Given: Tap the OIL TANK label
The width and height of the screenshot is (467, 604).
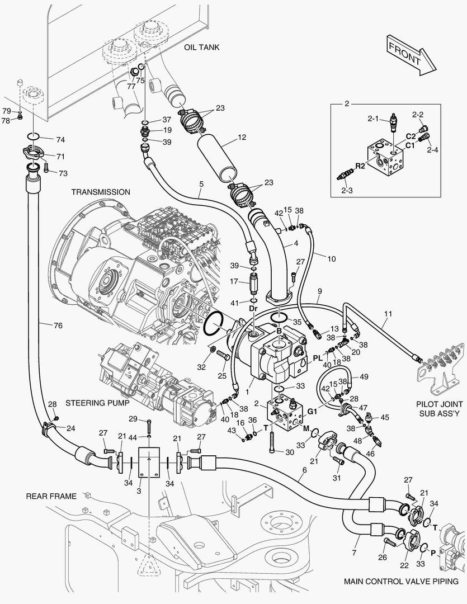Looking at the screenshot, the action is click(x=201, y=48).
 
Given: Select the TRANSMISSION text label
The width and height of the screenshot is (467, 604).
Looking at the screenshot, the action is click(x=101, y=192).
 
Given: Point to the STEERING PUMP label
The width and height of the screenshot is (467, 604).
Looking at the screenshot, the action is click(x=97, y=403).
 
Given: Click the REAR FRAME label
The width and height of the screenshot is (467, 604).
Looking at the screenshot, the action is click(x=51, y=496).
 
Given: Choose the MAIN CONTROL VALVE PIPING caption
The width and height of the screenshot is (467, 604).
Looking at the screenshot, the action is click(x=401, y=581).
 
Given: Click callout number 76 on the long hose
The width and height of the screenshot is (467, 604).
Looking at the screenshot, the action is click(x=58, y=325).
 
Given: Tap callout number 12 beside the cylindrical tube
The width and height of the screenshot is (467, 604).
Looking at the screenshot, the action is click(x=242, y=137).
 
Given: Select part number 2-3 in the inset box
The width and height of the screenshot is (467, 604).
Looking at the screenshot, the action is click(x=347, y=190).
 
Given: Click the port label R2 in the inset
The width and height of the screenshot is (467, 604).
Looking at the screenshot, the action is click(x=360, y=166).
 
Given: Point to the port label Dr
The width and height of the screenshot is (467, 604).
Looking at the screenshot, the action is click(x=253, y=309).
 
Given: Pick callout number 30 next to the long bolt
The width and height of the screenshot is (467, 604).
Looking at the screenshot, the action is click(x=289, y=452).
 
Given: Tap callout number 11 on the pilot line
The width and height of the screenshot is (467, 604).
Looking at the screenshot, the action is click(x=388, y=314).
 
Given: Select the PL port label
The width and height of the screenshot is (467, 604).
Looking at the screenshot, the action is click(x=318, y=358).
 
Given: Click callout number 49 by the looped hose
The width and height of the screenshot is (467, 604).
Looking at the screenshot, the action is click(x=364, y=377).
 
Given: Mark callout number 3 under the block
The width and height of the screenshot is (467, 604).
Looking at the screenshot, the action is click(x=139, y=491).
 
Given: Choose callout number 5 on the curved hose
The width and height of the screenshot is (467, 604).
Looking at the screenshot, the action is click(x=201, y=185).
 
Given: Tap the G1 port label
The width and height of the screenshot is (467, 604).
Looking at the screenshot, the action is click(x=312, y=412).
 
